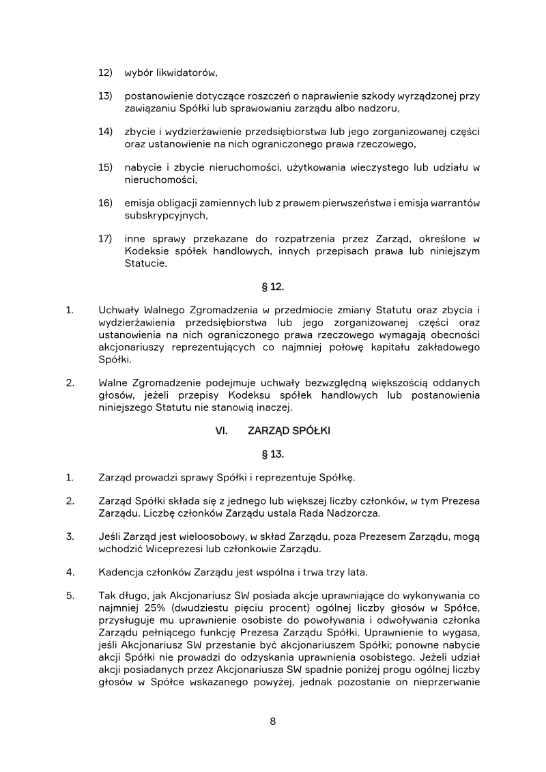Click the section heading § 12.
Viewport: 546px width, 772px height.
coord(272,288)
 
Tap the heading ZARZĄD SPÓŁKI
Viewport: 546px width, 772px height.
coord(289,431)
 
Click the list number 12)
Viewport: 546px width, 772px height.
coord(105,72)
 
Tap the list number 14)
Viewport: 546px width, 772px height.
coord(105,132)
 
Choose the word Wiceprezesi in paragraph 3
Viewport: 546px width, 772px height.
coord(176,549)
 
